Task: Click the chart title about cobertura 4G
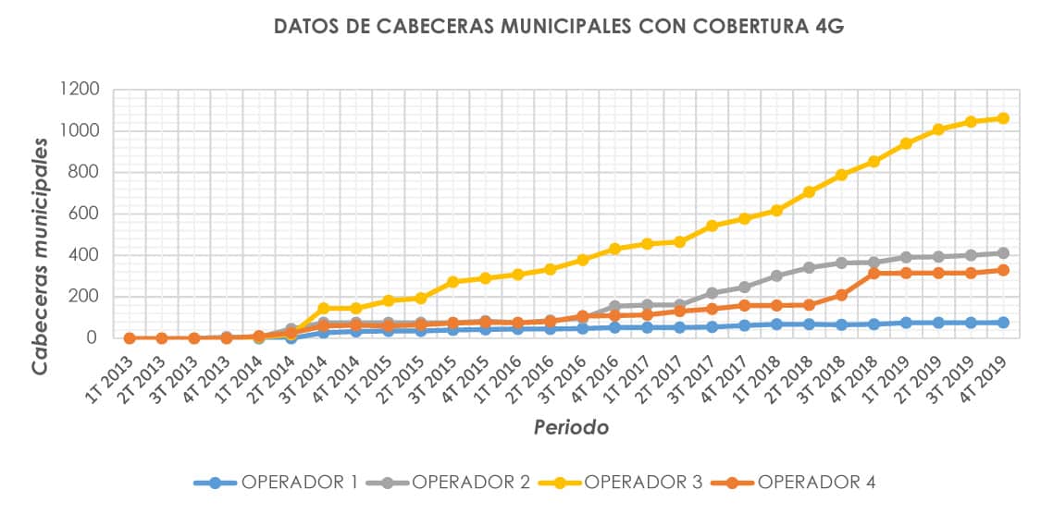(x=559, y=27)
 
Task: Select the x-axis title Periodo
(x=571, y=427)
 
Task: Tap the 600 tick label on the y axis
(x=84, y=214)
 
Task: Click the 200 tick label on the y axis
(x=84, y=298)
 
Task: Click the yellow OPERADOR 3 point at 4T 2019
(x=1003, y=118)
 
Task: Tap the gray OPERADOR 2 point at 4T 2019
(x=1003, y=253)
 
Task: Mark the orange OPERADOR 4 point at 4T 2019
(x=1003, y=270)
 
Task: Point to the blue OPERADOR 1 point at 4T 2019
(x=1003, y=323)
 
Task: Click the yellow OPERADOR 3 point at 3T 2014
(x=324, y=309)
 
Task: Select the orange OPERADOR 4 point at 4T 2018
(x=874, y=273)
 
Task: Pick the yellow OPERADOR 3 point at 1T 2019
(x=906, y=143)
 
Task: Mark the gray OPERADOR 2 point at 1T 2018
(x=776, y=275)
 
